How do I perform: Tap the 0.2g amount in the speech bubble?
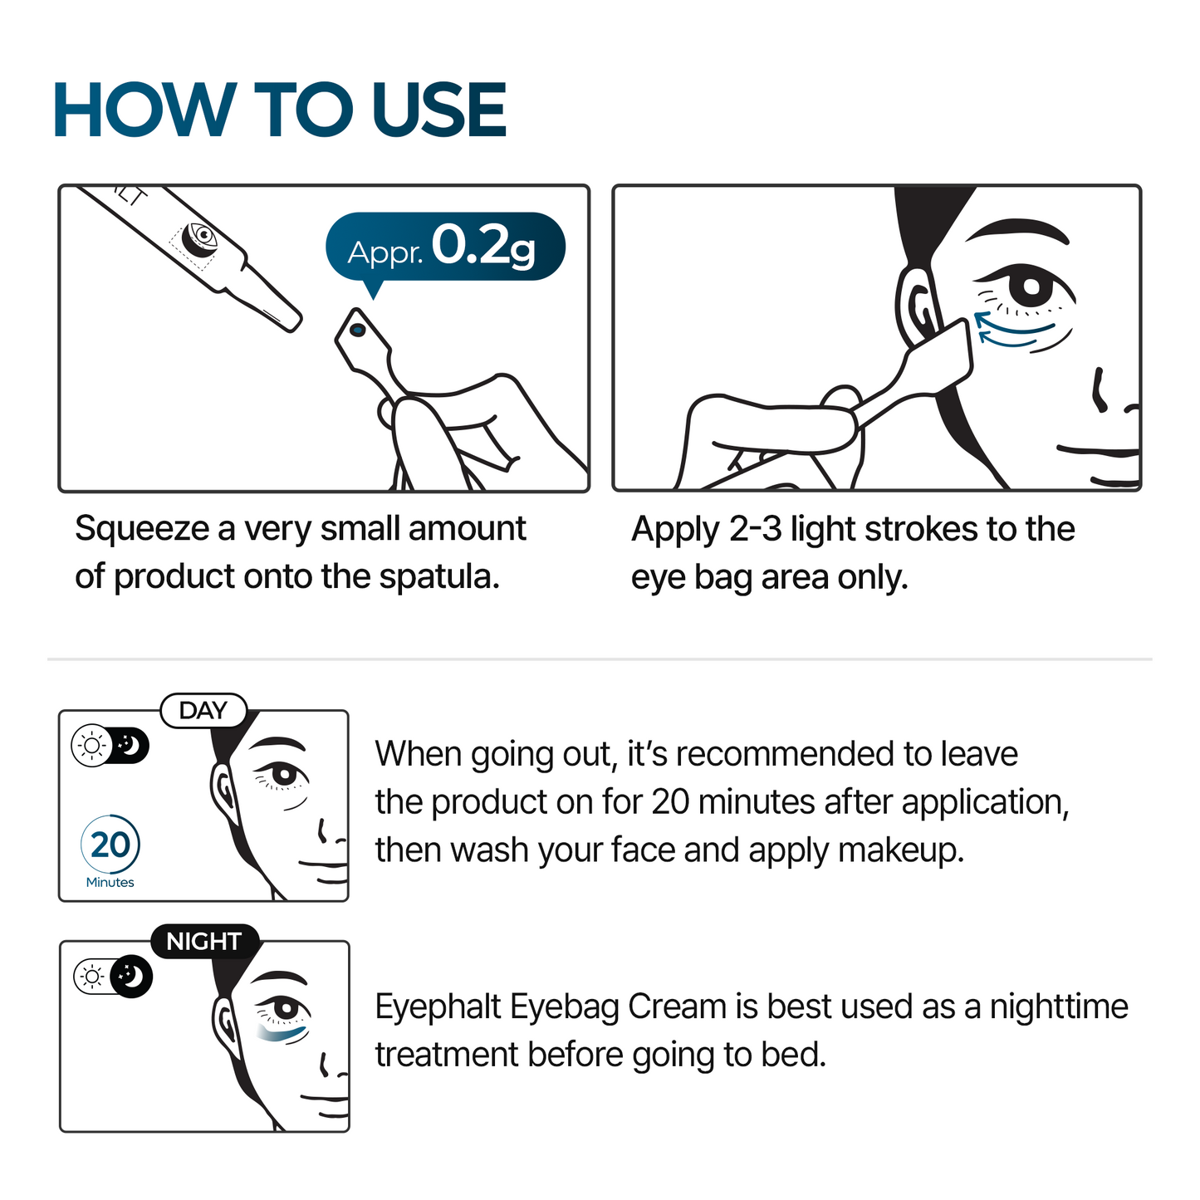point(483,246)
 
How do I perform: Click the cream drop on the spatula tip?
point(358,331)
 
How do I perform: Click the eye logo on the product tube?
point(199,237)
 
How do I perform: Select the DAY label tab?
point(203,711)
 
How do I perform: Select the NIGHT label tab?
point(203,942)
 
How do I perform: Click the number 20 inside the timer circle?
point(110,845)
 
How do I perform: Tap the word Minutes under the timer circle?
point(110,882)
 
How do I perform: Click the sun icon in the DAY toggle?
point(91,746)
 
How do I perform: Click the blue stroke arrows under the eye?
point(1013,331)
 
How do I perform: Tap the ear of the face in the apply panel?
point(918,307)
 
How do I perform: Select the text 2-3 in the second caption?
point(755,530)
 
